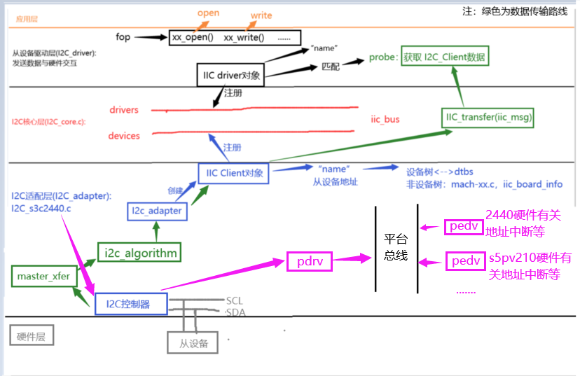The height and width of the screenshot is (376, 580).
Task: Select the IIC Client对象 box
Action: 235,173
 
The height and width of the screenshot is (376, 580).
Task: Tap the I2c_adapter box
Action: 157,211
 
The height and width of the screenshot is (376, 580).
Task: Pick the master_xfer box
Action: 43,276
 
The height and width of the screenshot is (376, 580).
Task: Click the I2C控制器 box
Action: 132,304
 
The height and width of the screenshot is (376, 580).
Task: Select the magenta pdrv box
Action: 309,261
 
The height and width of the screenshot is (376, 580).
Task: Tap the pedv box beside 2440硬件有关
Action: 463,227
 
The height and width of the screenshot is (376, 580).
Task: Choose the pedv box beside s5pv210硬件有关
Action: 465,261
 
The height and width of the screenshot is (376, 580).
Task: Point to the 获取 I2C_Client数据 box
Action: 444,57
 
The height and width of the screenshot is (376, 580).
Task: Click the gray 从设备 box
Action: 193,342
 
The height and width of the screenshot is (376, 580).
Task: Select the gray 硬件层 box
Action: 32,336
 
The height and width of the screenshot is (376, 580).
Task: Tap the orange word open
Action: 208,13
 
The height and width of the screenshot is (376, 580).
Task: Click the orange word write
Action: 261,15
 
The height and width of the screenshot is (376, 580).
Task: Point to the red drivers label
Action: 124,110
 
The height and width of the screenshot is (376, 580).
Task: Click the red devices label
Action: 124,136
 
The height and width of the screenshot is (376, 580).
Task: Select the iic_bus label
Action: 385,120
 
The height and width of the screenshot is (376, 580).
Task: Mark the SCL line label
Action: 234,300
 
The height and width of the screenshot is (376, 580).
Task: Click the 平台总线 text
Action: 396,248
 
